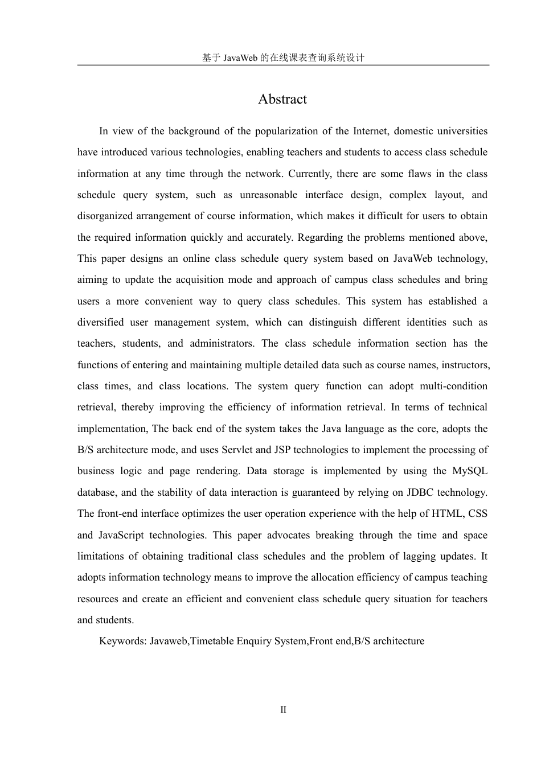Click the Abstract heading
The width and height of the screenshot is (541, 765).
tap(282, 99)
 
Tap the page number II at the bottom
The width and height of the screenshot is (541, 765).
tap(283, 710)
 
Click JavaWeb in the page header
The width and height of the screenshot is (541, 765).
tap(240, 57)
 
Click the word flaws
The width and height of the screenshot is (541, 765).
tap(420, 174)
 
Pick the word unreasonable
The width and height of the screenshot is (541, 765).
tap(268, 195)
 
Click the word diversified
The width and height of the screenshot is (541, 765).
tap(100, 322)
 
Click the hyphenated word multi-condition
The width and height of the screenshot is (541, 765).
tap(453, 386)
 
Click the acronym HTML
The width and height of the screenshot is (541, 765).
tap(447, 513)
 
